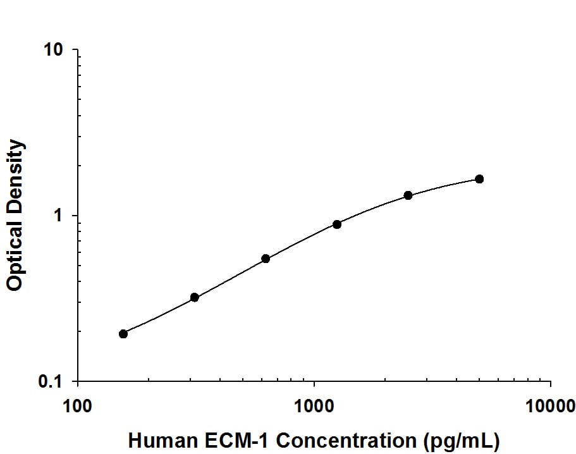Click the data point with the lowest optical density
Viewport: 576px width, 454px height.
point(123,334)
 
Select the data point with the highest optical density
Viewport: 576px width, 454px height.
point(479,179)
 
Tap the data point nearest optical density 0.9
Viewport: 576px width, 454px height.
point(337,224)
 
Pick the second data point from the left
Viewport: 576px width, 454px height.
point(195,297)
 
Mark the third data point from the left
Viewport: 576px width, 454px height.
point(266,259)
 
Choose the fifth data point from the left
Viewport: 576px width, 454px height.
point(408,195)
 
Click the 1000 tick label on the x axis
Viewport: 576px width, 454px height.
point(314,405)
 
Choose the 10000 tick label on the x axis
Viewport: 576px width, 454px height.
point(550,405)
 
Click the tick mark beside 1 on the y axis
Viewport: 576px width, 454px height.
point(75,216)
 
